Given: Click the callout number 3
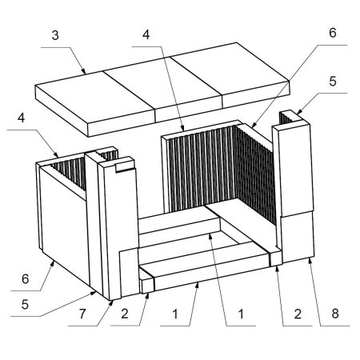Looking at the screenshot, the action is coord(55,35).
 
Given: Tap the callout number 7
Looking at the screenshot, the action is coord(82,314).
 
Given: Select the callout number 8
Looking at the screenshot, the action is coord(335,314).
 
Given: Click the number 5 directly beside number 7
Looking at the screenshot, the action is coord(25,304).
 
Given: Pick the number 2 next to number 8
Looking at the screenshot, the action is coord(298,314).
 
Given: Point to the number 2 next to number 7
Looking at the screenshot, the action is coord(125,314).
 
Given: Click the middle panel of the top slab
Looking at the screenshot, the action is coord(162,88).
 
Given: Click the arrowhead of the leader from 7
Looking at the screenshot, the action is coord(112,302).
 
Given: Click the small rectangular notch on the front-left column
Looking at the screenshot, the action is coord(124,167).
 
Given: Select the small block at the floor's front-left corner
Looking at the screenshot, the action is coord(147,285).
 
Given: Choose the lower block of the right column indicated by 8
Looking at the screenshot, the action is coord(298,236).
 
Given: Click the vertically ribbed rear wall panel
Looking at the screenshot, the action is coord(201,169).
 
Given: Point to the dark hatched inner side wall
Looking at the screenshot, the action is coord(254,174).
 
